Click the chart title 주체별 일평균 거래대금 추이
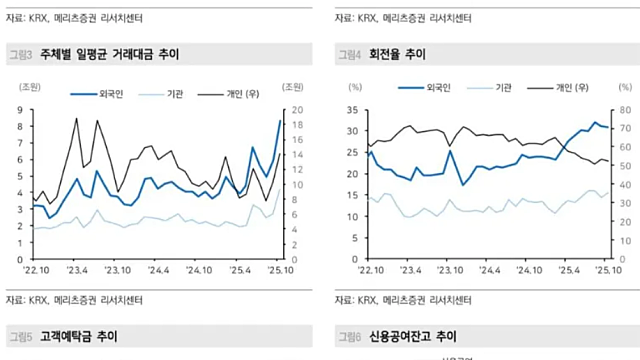click(x=109, y=53)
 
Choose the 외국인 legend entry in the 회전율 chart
click(x=435, y=88)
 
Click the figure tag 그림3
click(x=20, y=53)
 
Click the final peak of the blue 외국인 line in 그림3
click(x=279, y=121)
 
